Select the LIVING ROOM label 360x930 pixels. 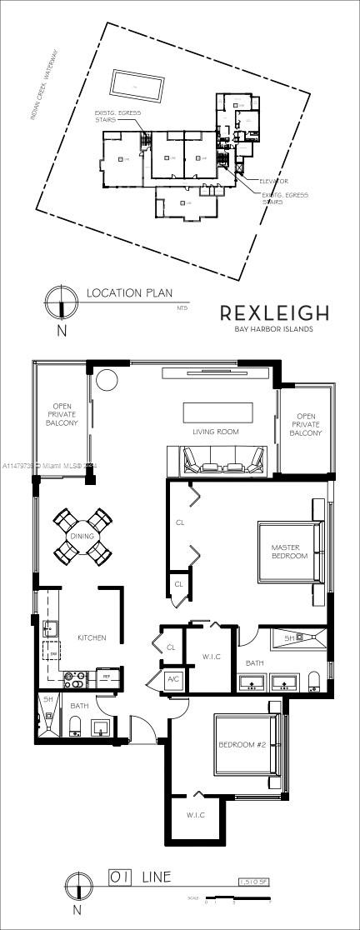216,432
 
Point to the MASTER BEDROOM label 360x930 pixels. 289,552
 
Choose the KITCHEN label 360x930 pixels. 92,637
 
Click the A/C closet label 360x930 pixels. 174,679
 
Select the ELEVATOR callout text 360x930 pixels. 273,181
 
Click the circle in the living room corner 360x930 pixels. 108,380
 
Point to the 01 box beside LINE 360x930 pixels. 121,877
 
